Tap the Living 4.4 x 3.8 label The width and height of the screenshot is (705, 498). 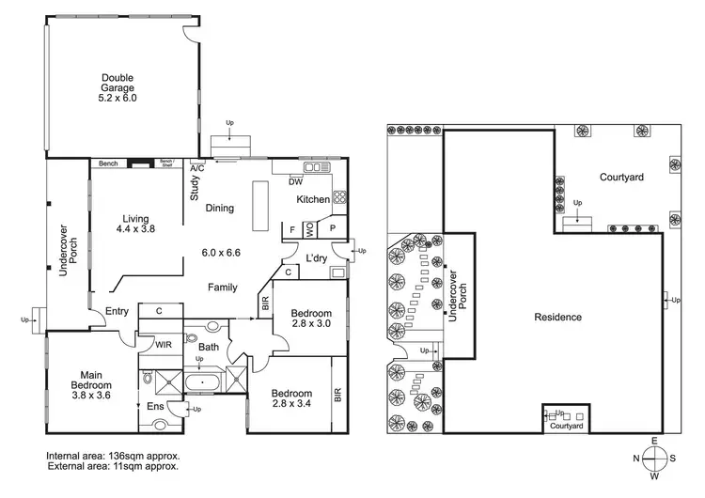pos(135,223)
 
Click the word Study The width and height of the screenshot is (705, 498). pos(195,191)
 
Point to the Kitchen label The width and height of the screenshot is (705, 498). pos(313,200)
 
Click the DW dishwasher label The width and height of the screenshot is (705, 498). pos(295,181)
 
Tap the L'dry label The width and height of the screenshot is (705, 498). pos(315,258)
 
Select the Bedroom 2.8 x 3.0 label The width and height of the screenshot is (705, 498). pos(310,319)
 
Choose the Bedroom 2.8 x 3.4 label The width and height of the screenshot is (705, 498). pos(292,398)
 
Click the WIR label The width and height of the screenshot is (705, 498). pos(163,345)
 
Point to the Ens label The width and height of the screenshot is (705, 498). pos(156,406)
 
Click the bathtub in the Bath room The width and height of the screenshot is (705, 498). pos(205,383)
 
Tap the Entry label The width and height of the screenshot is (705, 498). pos(117,312)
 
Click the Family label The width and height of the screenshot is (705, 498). pos(222,288)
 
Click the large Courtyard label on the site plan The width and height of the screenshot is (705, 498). pos(621,177)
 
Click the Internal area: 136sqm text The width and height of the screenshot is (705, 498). pos(112,455)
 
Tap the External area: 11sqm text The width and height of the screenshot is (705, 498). pos(112,465)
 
